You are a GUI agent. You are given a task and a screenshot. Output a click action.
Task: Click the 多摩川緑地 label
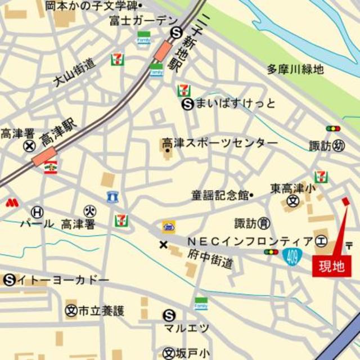point(295,70)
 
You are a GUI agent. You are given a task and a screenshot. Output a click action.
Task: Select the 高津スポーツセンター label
point(220,143)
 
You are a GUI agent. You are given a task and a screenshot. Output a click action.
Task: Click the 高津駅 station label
point(58,134)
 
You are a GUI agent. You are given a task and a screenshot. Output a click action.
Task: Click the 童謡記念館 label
point(220,195)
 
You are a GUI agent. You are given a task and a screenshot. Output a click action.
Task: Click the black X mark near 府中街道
point(163,245)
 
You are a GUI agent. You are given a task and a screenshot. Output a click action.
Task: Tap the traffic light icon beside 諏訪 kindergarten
point(333,129)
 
